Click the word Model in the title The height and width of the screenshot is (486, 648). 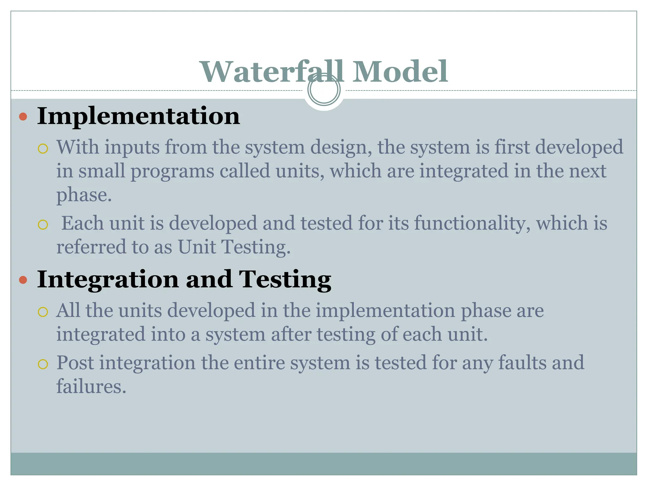pos(400,72)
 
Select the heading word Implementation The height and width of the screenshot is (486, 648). pos(138,116)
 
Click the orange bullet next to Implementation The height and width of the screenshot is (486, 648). pos(23,117)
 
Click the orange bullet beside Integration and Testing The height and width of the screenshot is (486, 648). pos(23,280)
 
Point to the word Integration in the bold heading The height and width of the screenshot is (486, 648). pos(108,280)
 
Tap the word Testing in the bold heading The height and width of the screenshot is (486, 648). pos(285,280)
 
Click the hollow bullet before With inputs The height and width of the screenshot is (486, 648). pos(43,149)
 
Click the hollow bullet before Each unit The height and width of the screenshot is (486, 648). pos(43,225)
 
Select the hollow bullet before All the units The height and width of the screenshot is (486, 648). pos(43,312)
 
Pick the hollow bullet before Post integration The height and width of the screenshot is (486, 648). pos(43,364)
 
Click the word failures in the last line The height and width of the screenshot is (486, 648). pos(91,387)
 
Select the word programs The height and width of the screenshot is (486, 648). pos(172,171)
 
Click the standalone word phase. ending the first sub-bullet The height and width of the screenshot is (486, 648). pos(84,196)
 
